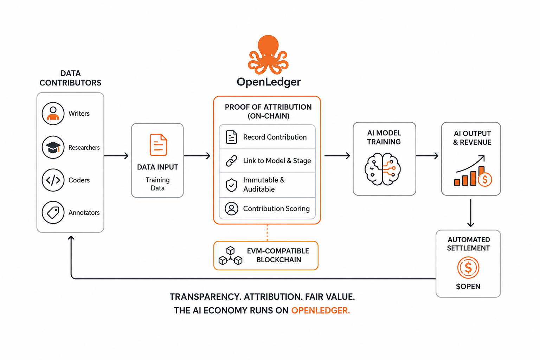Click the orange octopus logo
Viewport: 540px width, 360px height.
pyautogui.click(x=268, y=55)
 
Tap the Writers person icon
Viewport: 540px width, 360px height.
pyautogui.click(x=53, y=113)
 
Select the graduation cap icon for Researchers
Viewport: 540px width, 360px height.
pyautogui.click(x=53, y=147)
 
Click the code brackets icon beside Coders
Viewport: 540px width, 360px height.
pyautogui.click(x=53, y=180)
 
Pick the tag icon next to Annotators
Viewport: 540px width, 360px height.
pyautogui.click(x=53, y=212)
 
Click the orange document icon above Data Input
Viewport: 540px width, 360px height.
pyautogui.click(x=158, y=145)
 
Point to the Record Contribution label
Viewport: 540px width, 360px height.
pyautogui.click(x=275, y=137)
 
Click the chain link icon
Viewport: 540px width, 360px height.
pyautogui.click(x=231, y=161)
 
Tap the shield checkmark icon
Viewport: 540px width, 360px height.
pyautogui.click(x=231, y=185)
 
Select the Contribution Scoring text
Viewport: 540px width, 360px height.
pyautogui.click(x=276, y=208)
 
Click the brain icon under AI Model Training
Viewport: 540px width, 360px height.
pyautogui.click(x=382, y=169)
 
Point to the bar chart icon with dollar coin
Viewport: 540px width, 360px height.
pyautogui.click(x=473, y=171)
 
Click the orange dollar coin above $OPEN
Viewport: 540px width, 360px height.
pyautogui.click(x=468, y=268)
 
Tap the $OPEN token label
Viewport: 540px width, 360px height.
pyautogui.click(x=468, y=287)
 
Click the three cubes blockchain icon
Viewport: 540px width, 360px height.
pyautogui.click(x=231, y=256)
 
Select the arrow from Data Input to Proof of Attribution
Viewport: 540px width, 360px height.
pyautogui.click(x=197, y=156)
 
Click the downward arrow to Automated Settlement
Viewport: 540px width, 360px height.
pyautogui.click(x=471, y=213)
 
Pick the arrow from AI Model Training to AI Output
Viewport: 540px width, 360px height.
pyautogui.click(x=427, y=156)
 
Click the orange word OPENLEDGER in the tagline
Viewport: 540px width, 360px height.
pyautogui.click(x=320, y=310)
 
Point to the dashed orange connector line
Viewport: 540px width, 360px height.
pyautogui.click(x=267, y=233)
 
